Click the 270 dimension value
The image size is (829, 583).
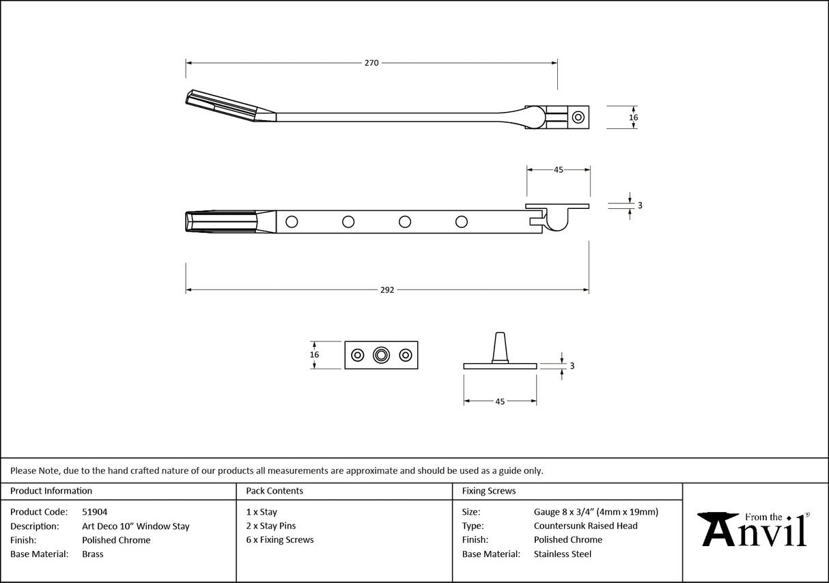371,63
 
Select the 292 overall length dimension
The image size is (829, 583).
387,290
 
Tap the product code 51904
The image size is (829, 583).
94,512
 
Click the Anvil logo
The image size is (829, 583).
755,530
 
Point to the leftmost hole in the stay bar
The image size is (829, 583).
292,221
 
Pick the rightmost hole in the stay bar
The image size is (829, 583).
462,221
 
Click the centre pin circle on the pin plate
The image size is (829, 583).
381,355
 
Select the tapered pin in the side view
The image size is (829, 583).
501,347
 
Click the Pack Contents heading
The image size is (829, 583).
275,491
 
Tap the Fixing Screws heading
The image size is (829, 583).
489,491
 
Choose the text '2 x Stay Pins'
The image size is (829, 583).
271,526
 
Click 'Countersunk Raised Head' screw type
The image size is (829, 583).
585,526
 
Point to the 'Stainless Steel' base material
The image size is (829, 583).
562,554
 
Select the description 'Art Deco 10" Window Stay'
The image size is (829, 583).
135,526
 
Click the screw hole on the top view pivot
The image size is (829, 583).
578,117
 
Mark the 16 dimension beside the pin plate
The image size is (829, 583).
314,355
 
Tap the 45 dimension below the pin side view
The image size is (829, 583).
500,402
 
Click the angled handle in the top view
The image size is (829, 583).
229,105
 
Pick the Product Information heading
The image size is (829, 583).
51,491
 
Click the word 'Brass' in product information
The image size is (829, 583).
92,554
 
